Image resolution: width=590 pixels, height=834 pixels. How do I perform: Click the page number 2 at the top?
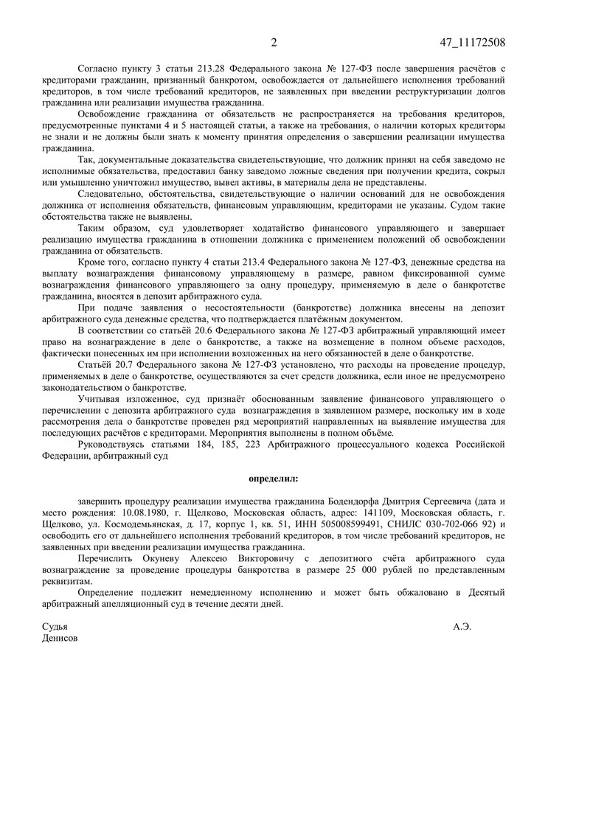274,42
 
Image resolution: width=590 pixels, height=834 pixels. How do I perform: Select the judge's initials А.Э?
462,627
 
